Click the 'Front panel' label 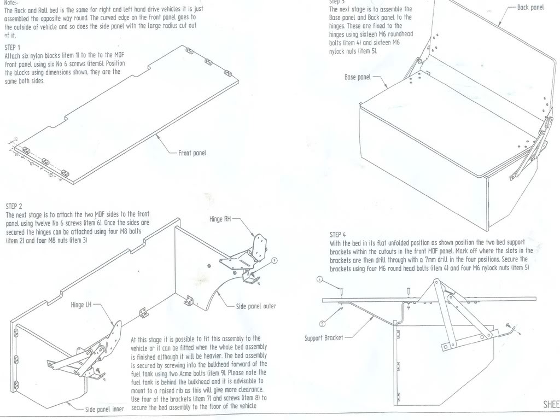(x=192, y=153)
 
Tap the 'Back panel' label (x=530, y=8)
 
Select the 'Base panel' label (x=358, y=77)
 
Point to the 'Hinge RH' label (x=220, y=219)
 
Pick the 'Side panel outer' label (x=256, y=306)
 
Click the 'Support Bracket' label (x=324, y=338)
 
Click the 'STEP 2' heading (x=14, y=207)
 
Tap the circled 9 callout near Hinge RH (x=274, y=260)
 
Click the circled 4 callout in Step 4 (x=320, y=279)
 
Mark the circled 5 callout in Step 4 (x=322, y=323)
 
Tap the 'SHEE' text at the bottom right (x=551, y=405)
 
